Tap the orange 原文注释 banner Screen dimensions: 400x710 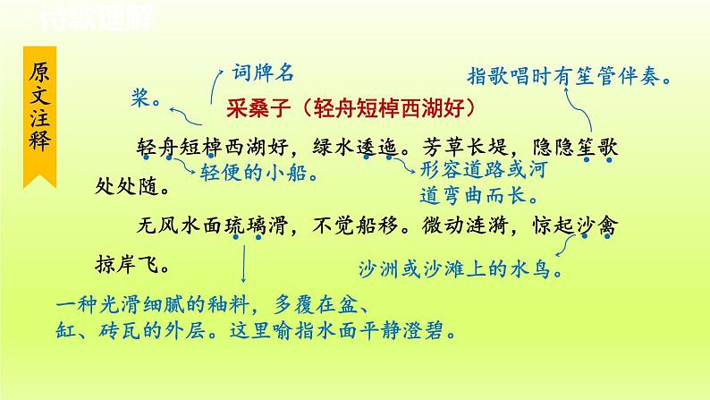click(40, 112)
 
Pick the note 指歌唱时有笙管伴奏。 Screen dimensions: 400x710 click(572, 77)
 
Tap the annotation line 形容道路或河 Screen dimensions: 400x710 click(482, 168)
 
